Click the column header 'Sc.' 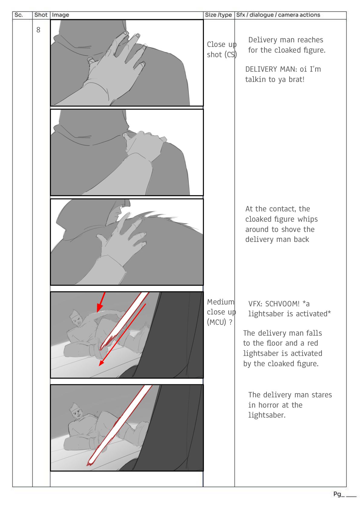pyautogui.click(x=18, y=15)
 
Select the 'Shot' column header pyautogui.click(x=41, y=15)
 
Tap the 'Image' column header pyautogui.click(x=60, y=15)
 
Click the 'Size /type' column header pyautogui.click(x=218, y=15)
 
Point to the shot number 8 pyautogui.click(x=38, y=30)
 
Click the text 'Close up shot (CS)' pyautogui.click(x=222, y=50)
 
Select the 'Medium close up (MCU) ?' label pyautogui.click(x=221, y=312)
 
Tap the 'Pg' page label pyautogui.click(x=337, y=494)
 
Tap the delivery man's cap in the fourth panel pyautogui.click(x=74, y=313)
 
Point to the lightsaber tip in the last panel pyautogui.click(x=89, y=463)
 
